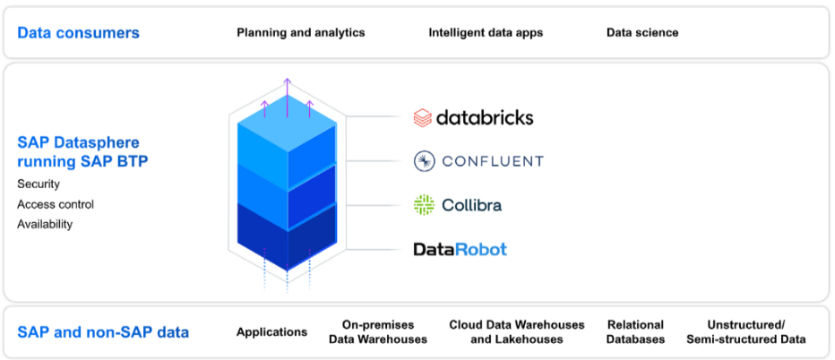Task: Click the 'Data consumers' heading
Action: tap(79, 33)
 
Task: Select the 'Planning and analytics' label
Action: tap(301, 33)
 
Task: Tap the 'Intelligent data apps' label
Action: tap(486, 33)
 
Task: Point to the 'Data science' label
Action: tap(642, 33)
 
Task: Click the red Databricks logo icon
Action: tap(423, 117)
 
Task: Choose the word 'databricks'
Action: tap(485, 117)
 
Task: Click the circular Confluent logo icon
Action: tap(424, 161)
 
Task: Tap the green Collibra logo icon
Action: tap(424, 205)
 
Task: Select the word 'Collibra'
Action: tap(471, 205)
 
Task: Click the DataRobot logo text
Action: tap(460, 249)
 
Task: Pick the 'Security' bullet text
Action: tap(39, 184)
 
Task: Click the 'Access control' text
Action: tap(56, 204)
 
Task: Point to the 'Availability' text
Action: tap(45, 224)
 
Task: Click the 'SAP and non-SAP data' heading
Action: tap(103, 332)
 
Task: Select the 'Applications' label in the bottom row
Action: tap(271, 332)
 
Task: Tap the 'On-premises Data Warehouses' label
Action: tap(378, 332)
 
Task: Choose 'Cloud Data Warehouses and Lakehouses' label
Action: tap(517, 332)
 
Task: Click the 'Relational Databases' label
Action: tap(635, 332)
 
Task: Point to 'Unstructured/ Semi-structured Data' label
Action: tap(746, 332)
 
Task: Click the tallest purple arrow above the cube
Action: tap(287, 94)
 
